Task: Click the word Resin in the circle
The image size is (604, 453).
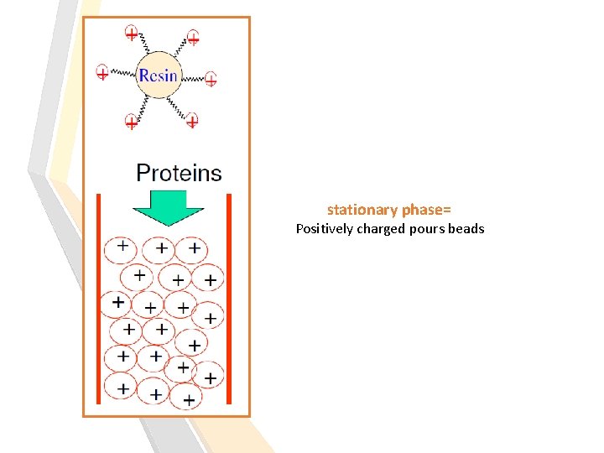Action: (x=158, y=75)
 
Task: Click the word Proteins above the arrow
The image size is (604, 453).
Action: (x=180, y=173)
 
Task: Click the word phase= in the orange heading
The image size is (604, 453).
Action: (x=426, y=211)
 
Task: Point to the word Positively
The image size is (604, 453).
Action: (x=325, y=229)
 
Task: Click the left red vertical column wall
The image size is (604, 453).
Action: (x=99, y=299)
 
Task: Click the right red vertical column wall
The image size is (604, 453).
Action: (x=229, y=299)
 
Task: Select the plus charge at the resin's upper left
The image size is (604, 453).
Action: (x=132, y=33)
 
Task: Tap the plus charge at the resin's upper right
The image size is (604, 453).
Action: (x=193, y=38)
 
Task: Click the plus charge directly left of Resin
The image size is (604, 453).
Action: (x=102, y=72)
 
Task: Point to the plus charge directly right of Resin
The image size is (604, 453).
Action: (x=211, y=79)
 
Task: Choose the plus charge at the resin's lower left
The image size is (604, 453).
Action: (x=132, y=122)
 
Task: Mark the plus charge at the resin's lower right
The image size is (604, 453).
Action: (x=192, y=121)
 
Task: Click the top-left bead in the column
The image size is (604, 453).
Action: (x=121, y=250)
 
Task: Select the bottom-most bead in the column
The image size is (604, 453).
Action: (x=186, y=396)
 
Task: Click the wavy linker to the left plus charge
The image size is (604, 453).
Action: (x=123, y=72)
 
